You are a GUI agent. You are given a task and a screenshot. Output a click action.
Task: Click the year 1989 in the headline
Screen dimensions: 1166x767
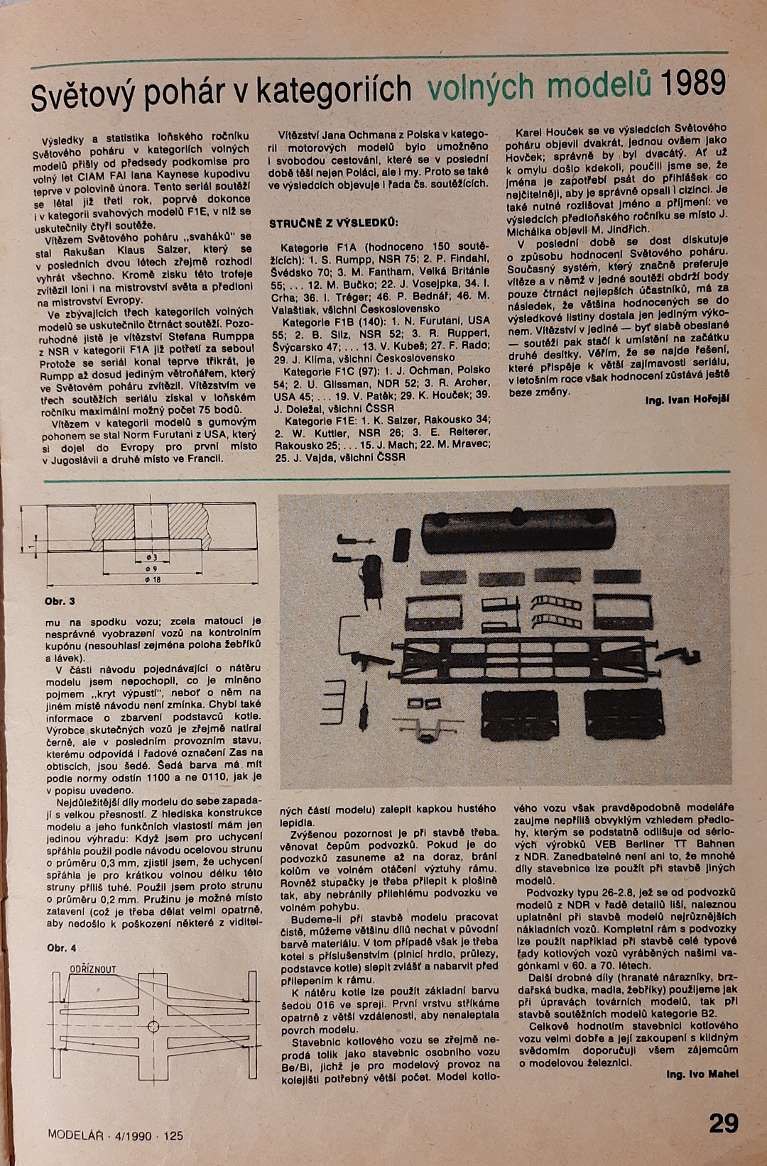click(692, 84)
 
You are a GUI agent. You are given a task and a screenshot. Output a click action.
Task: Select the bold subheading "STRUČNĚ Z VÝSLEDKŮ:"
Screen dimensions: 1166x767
click(333, 224)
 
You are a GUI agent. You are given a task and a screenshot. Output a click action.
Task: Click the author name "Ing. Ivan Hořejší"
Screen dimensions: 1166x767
click(687, 400)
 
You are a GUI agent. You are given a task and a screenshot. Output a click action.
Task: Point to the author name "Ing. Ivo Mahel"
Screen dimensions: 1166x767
click(702, 1074)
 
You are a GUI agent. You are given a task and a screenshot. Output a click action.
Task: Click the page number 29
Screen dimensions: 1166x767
click(724, 1123)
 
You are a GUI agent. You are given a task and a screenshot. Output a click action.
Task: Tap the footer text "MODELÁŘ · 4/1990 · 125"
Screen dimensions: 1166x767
click(115, 1135)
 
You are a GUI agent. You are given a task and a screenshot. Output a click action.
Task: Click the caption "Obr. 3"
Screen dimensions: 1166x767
click(60, 601)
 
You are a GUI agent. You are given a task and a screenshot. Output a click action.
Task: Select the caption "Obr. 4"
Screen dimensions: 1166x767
click(62, 948)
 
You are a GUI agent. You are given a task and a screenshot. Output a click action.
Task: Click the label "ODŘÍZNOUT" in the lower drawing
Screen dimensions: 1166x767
click(92, 969)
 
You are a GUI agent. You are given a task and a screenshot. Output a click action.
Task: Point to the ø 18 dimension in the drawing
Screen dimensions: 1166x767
click(152, 580)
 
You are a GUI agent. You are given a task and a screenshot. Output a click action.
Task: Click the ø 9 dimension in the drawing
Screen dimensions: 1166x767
click(151, 569)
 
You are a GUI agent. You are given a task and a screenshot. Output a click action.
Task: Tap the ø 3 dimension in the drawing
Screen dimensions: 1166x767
click(151, 558)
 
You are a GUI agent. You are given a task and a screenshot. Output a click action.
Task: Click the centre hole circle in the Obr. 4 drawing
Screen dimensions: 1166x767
click(153, 1026)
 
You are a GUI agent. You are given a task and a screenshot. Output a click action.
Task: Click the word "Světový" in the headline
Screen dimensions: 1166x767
click(82, 97)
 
